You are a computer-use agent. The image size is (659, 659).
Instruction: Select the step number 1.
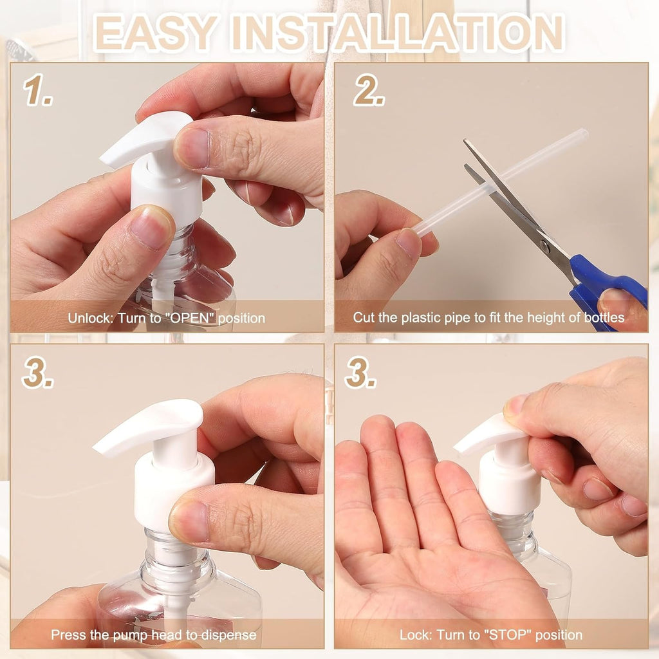(x=38, y=91)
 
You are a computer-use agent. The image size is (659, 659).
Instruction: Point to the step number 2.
(x=369, y=91)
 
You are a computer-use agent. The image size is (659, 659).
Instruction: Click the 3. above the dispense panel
(x=37, y=373)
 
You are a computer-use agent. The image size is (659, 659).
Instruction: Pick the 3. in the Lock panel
(x=360, y=373)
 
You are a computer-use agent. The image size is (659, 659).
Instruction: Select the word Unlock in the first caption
(x=88, y=318)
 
